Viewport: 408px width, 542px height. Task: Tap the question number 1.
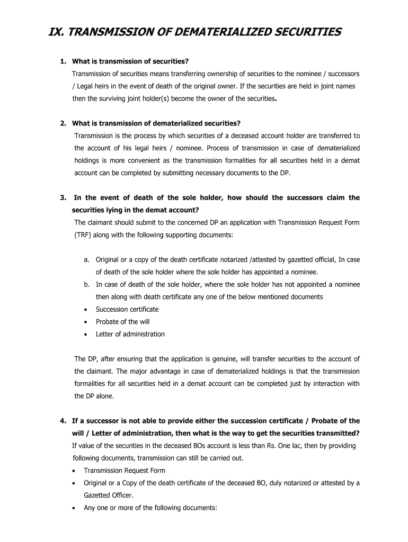coord(63,61)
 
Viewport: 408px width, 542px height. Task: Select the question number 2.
coord(63,123)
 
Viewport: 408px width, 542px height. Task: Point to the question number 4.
coord(63,421)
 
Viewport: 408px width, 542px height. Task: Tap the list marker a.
coord(86,259)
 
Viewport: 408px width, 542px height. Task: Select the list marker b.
coord(86,284)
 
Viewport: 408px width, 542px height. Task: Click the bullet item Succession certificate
coord(127,309)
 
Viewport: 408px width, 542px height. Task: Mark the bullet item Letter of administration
coord(130,334)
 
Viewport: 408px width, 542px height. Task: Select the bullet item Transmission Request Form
coord(125,471)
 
